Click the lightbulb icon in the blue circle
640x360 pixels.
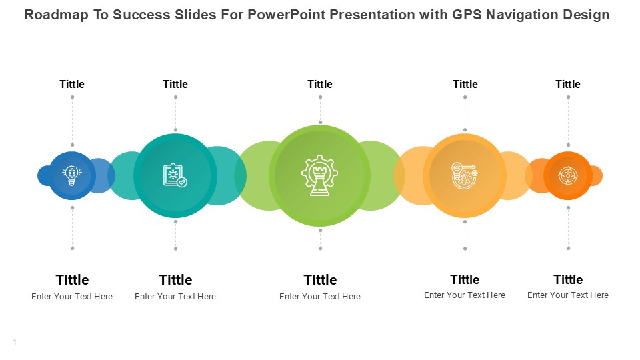[x=72, y=176]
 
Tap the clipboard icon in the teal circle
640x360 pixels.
[x=175, y=175]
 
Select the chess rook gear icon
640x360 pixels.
[x=319, y=175]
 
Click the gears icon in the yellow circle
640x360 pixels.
[x=465, y=175]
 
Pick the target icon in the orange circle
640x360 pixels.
[x=568, y=176]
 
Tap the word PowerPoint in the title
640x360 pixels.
[x=287, y=15]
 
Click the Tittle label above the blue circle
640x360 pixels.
[x=72, y=84]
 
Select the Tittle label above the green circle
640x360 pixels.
[x=320, y=84]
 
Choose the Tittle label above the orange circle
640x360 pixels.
[x=568, y=84]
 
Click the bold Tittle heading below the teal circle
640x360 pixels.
[x=175, y=279]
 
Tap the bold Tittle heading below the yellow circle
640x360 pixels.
[x=465, y=279]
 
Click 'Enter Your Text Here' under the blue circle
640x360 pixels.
[x=72, y=296]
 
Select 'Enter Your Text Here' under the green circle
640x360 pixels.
[x=320, y=296]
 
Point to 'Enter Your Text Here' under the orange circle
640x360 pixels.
[x=568, y=295]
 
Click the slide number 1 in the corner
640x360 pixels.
[x=15, y=343]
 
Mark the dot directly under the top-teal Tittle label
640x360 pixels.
[x=175, y=97]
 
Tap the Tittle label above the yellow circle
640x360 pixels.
[x=465, y=84]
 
